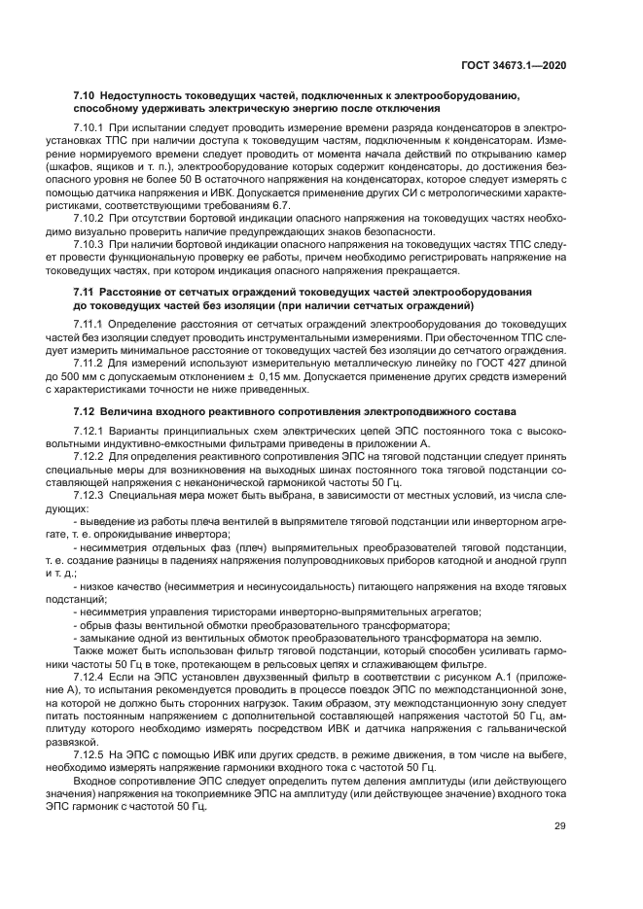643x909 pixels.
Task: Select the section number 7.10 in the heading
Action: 84,98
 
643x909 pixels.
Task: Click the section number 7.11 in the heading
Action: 84,293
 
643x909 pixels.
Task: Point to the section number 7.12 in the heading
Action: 84,413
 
